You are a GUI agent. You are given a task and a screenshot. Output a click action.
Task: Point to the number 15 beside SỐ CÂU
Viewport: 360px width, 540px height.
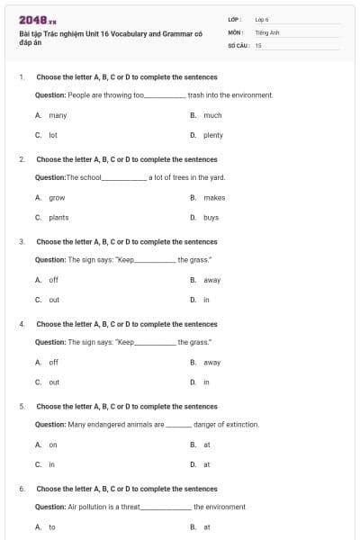tap(258, 44)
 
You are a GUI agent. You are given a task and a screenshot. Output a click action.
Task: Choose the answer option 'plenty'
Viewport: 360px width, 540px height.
tap(212, 135)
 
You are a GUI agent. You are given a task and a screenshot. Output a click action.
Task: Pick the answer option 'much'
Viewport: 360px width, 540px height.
tap(212, 115)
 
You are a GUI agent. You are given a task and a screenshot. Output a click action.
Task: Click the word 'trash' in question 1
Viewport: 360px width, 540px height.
tap(196, 94)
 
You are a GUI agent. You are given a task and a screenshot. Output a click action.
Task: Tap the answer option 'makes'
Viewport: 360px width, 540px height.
tap(214, 197)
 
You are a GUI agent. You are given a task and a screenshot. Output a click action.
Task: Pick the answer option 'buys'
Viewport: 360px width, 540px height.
tap(211, 217)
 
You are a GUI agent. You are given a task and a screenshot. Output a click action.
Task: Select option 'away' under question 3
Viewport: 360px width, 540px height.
tap(211, 280)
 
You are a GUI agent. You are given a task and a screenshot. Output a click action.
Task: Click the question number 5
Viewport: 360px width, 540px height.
tap(22, 406)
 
